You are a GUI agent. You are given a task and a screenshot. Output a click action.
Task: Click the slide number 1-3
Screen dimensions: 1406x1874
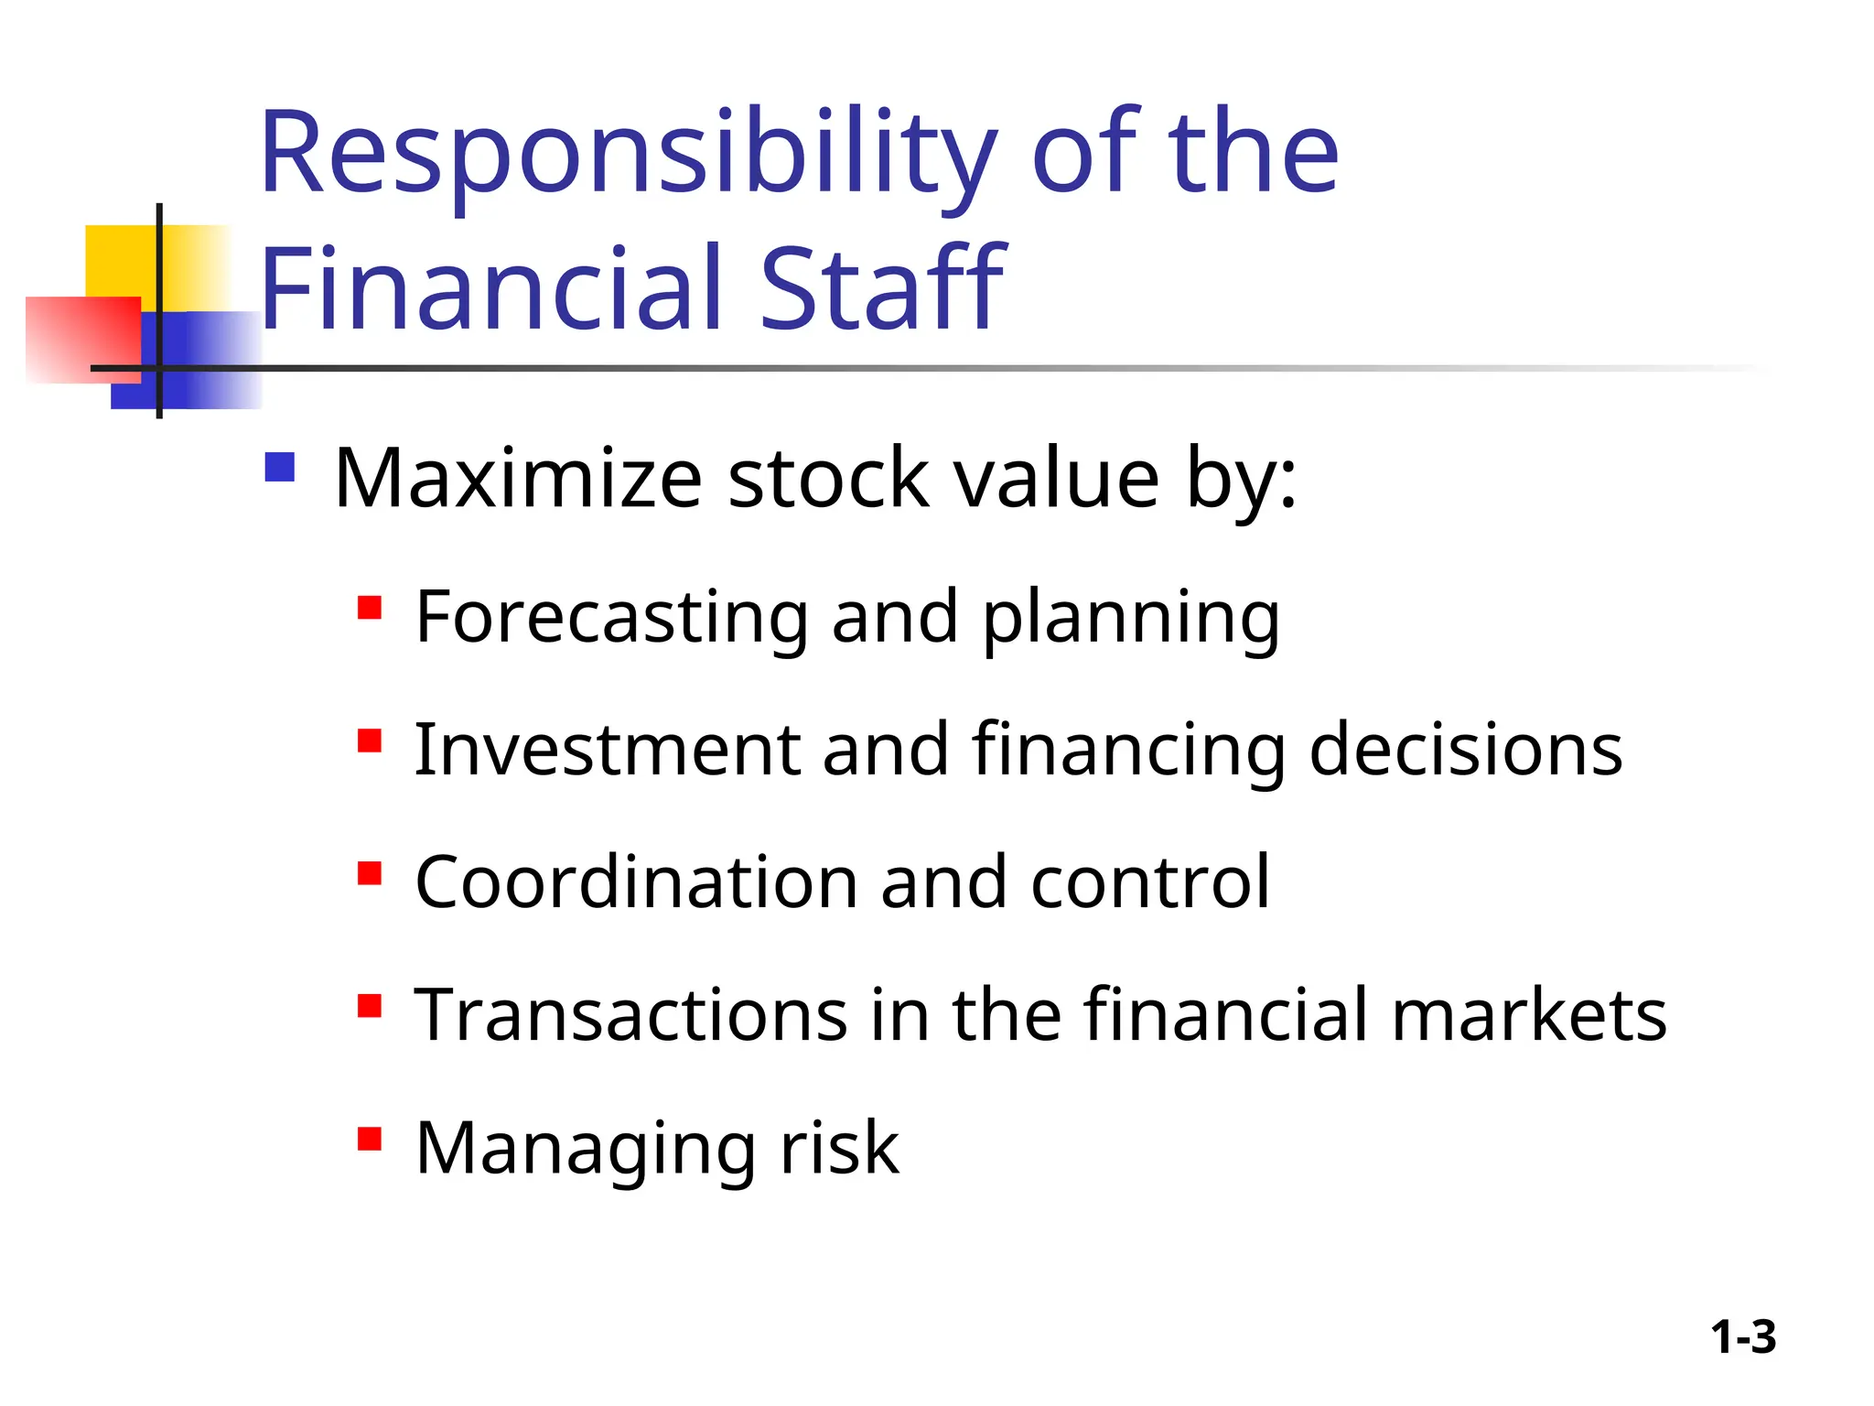click(x=1743, y=1337)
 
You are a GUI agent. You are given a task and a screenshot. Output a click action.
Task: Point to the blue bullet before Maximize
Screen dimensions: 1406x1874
click(x=280, y=468)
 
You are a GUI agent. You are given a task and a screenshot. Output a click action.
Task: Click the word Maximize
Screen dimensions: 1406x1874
click(x=518, y=478)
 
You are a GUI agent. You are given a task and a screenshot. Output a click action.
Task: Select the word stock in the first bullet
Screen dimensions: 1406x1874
click(x=828, y=478)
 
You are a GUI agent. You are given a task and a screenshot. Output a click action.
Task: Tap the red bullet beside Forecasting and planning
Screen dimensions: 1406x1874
click(x=370, y=608)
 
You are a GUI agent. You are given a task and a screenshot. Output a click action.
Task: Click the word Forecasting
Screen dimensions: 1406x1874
click(x=611, y=619)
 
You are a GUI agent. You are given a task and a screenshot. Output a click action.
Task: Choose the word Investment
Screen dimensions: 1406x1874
click(x=606, y=750)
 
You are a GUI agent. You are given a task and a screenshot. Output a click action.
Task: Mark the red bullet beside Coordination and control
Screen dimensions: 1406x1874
click(x=370, y=873)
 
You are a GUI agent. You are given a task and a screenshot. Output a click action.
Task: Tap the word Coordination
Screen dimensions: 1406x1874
click(x=635, y=882)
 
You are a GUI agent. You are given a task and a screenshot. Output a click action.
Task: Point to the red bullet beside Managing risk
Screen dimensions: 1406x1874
click(x=370, y=1139)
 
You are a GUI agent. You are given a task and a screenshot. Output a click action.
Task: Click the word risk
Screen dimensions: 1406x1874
click(x=839, y=1148)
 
